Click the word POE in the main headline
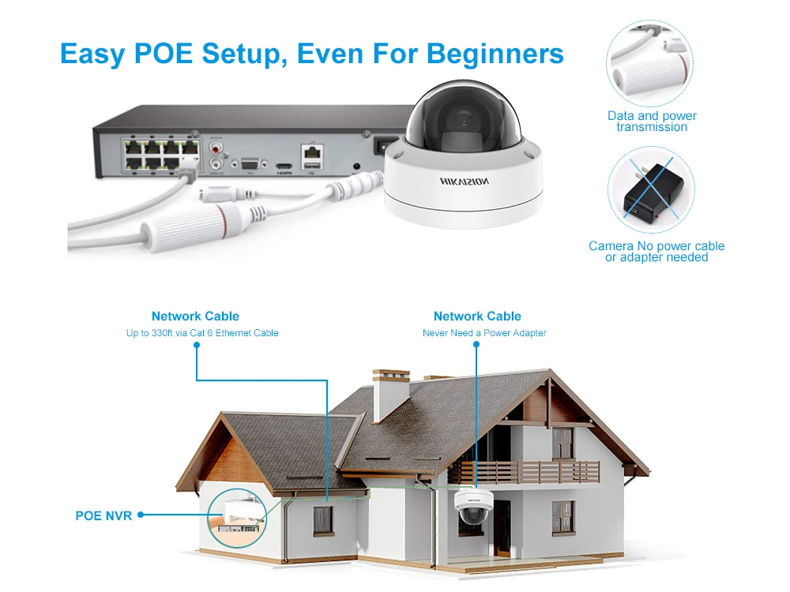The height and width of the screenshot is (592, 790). click(164, 54)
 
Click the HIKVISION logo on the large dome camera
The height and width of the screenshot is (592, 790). click(464, 182)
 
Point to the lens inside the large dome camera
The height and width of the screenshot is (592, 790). click(463, 122)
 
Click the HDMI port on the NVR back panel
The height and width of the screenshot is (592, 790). click(284, 165)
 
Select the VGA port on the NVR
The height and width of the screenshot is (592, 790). click(250, 164)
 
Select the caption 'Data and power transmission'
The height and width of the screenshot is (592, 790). click(652, 122)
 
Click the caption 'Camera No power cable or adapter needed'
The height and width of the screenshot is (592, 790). click(656, 252)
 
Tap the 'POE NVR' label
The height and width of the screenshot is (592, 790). click(103, 516)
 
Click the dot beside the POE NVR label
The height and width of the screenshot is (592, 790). click(141, 515)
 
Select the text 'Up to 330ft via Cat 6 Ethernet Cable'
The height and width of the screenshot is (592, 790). click(202, 333)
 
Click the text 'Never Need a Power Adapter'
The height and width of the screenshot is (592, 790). click(484, 333)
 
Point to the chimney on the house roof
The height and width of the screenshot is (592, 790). click(390, 395)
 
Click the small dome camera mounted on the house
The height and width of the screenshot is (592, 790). click(473, 507)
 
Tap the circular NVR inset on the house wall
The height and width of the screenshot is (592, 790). click(237, 518)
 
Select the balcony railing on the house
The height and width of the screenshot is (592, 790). click(524, 472)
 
